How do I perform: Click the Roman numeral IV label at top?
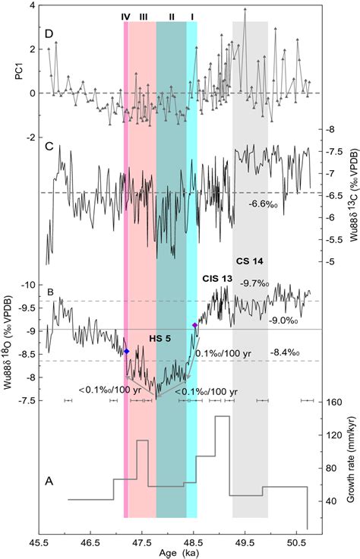126,16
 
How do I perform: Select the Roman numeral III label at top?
144,16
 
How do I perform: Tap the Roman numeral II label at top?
172,16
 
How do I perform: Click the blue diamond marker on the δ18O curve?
127,351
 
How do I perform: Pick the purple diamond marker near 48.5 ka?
195,325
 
